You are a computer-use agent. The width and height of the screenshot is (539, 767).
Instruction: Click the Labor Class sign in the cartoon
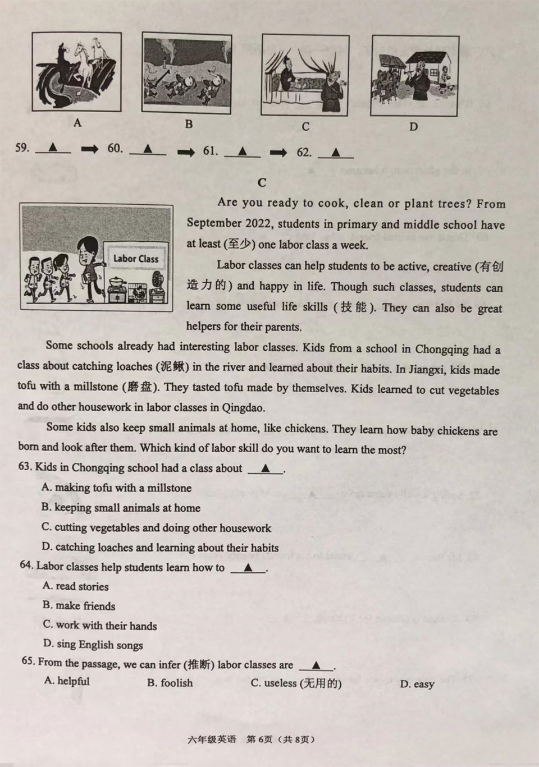(x=136, y=259)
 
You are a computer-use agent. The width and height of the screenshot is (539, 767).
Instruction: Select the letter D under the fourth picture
(x=413, y=127)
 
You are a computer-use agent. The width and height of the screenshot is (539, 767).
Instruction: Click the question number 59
(x=22, y=148)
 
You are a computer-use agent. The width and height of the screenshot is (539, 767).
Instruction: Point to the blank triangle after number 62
(x=336, y=152)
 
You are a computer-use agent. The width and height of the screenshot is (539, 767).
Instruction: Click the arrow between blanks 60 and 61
(x=186, y=151)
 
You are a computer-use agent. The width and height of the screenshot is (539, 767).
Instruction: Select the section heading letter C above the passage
(x=262, y=183)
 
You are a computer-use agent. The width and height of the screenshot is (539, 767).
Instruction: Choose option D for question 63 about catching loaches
(x=161, y=548)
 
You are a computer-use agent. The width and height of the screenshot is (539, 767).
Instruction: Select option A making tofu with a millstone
(x=117, y=488)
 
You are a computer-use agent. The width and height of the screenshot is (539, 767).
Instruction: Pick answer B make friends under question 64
(x=79, y=606)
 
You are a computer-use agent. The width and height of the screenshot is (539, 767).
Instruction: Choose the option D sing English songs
(x=93, y=645)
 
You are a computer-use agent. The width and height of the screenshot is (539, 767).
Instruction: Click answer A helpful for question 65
(x=67, y=681)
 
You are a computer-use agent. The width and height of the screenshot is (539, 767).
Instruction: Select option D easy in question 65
(x=417, y=684)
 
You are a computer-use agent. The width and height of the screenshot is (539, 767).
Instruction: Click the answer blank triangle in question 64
(x=248, y=568)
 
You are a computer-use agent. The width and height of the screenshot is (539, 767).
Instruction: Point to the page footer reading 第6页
(x=259, y=739)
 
